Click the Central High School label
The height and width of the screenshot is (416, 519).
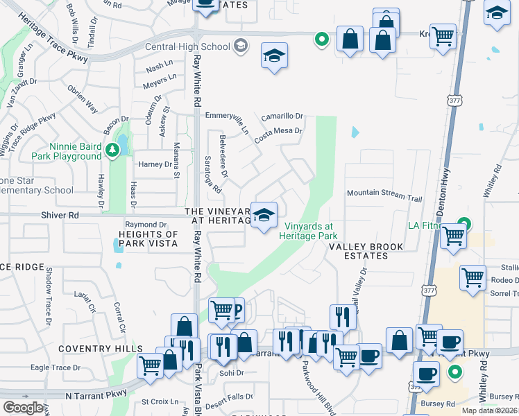coord(187,46)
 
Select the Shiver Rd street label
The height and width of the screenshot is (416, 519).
coord(59,216)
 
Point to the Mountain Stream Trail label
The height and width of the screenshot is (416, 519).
coord(384,196)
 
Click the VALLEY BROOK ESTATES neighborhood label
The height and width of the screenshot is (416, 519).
coord(358,251)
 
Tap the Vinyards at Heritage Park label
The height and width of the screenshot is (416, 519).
coord(308,231)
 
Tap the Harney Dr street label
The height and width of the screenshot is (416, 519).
coord(155,164)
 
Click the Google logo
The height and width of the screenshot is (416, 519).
coord(24,407)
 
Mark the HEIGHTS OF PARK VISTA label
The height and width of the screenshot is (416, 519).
coord(150,239)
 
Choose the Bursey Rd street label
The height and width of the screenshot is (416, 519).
coord(436,403)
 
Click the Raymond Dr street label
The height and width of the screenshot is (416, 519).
coord(146,225)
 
